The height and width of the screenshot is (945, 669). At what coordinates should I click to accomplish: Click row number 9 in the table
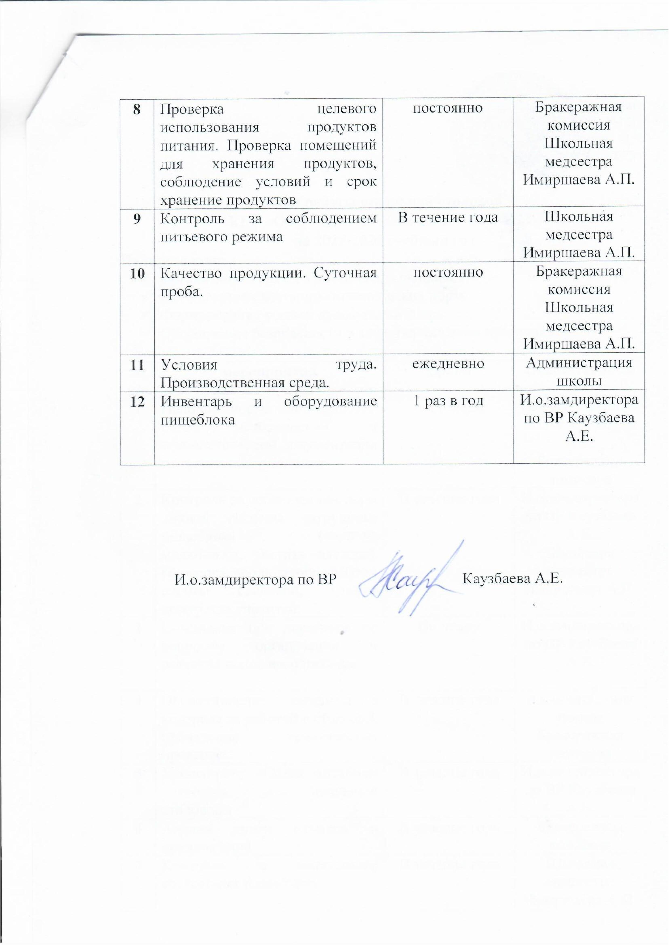[137, 217]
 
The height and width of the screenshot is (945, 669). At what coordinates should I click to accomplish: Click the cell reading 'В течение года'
[448, 217]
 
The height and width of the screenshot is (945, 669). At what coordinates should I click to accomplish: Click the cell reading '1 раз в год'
[448, 401]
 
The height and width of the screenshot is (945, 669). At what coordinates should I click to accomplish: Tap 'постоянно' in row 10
[448, 272]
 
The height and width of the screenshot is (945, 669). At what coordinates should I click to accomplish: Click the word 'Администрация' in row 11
[579, 363]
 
